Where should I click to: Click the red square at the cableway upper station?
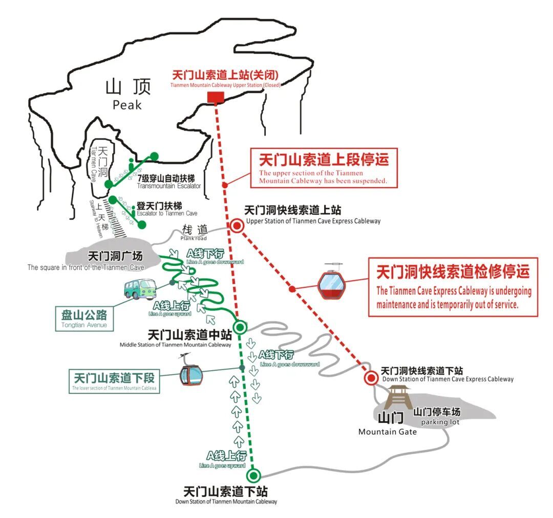pyautogui.click(x=216, y=98)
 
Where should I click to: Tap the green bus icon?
pyautogui.click(x=139, y=289)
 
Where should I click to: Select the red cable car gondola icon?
pyautogui.click(x=331, y=283)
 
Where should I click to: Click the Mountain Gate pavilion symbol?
pyautogui.click(x=398, y=397)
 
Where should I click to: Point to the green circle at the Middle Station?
pyautogui.click(x=240, y=327)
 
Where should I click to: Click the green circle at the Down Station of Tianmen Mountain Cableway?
pyautogui.click(x=253, y=476)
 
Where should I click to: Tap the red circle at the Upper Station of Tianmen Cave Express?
pyautogui.click(x=237, y=226)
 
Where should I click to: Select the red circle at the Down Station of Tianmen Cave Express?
pyautogui.click(x=371, y=378)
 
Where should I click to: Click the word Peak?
pyautogui.click(x=127, y=105)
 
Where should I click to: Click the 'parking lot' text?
pyautogui.click(x=440, y=422)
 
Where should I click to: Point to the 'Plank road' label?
pyautogui.click(x=194, y=238)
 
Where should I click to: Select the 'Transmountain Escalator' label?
pyautogui.click(x=169, y=186)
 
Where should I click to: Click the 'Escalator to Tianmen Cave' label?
pyautogui.click(x=167, y=213)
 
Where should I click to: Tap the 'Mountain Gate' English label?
pyautogui.click(x=387, y=432)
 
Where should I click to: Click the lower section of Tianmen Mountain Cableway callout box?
pyautogui.click(x=114, y=381)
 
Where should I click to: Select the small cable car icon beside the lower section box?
pyautogui.click(x=191, y=373)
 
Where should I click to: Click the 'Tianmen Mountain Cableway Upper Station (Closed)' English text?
pyautogui.click(x=225, y=85)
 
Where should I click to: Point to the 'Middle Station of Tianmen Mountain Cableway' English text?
pyautogui.click(x=175, y=345)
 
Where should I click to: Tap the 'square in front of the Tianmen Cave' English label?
pyautogui.click(x=86, y=267)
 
